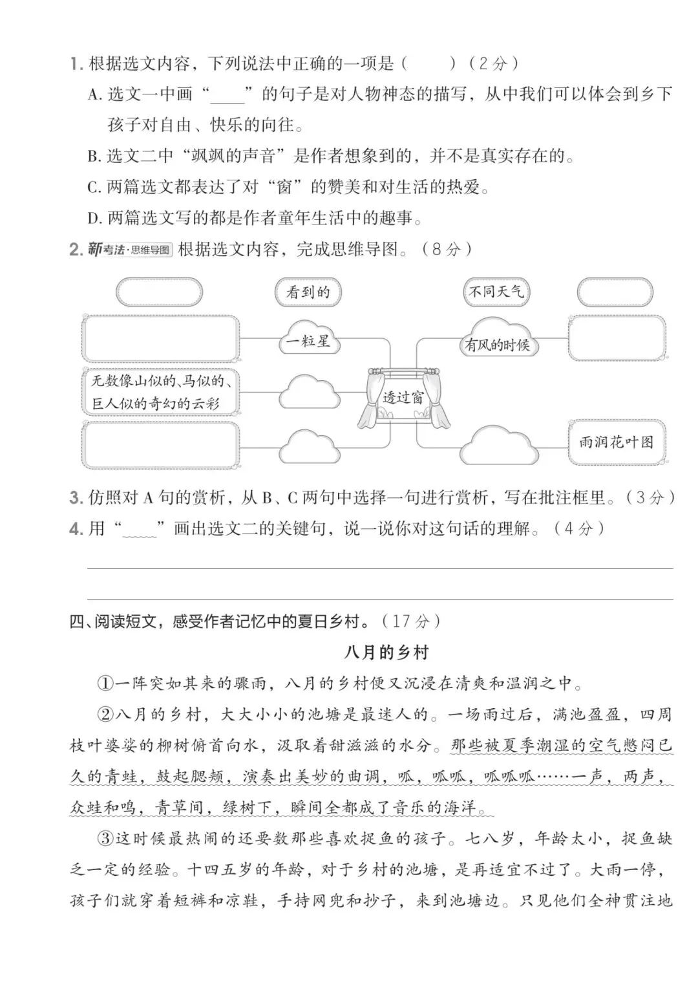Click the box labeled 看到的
click(x=308, y=292)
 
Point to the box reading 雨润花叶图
click(x=616, y=442)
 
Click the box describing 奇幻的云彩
click(x=160, y=392)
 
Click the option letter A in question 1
click(x=94, y=95)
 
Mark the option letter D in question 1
click(x=94, y=219)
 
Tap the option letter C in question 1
click(x=94, y=188)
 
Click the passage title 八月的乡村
click(x=386, y=653)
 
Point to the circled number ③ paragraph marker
click(x=105, y=839)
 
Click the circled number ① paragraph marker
click(x=105, y=683)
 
